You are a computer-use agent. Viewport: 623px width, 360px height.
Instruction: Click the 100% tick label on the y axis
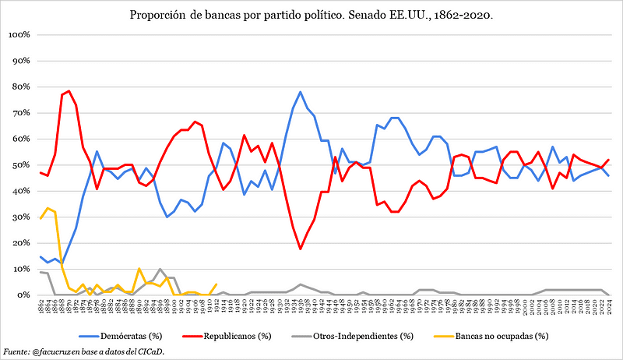[x=19, y=34]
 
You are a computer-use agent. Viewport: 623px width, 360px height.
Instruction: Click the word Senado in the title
[x=378, y=15]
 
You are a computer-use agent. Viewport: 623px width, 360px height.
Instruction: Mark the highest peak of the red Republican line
[x=69, y=91]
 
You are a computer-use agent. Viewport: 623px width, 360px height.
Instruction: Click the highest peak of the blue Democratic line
[x=300, y=92]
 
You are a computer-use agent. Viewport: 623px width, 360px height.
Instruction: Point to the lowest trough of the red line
[x=300, y=249]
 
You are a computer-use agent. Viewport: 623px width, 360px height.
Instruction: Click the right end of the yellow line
[x=216, y=284]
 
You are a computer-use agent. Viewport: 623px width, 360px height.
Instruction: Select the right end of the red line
[x=608, y=160]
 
